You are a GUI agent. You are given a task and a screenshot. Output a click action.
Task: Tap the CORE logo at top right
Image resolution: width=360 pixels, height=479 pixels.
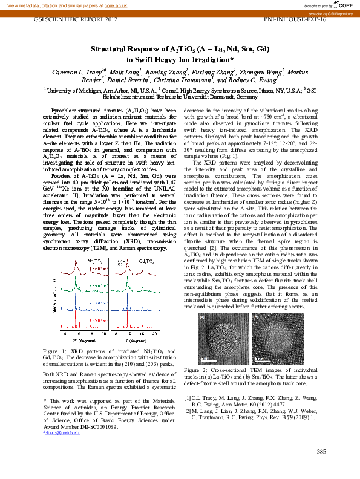[x=344, y=5]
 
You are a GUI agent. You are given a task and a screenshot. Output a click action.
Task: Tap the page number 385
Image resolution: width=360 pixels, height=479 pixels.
[x=321, y=451]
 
